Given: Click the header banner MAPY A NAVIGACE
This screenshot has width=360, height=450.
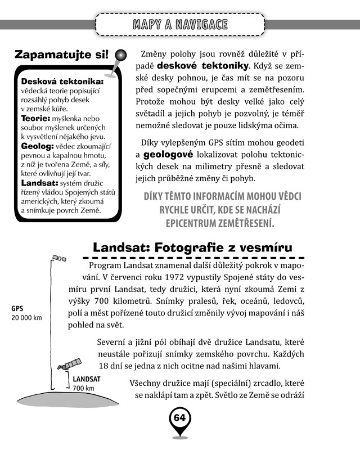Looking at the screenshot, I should (180, 24).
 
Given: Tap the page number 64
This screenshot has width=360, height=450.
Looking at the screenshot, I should (179, 418).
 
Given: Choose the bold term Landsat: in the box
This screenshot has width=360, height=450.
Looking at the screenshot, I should (39, 183).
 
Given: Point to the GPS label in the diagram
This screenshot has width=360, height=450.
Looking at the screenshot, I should (18, 309).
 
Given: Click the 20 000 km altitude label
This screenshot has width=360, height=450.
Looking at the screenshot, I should (26, 318).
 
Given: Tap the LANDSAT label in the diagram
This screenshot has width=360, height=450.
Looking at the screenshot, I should (85, 380).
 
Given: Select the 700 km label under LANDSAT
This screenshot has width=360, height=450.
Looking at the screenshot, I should (83, 389).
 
